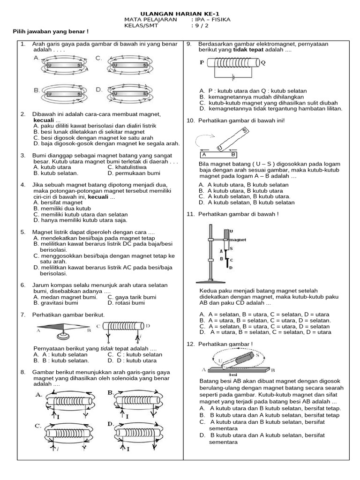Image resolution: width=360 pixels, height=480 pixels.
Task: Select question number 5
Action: point(22,232)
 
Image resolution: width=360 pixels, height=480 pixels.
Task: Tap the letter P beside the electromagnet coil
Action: point(202,61)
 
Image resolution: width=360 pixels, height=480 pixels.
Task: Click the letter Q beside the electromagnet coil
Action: point(263,61)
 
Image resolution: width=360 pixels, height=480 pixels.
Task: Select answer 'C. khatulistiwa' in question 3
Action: point(127,167)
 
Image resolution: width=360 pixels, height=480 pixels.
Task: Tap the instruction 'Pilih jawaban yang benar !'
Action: point(50,31)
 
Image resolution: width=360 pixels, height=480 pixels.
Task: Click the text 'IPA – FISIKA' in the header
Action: point(213,20)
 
